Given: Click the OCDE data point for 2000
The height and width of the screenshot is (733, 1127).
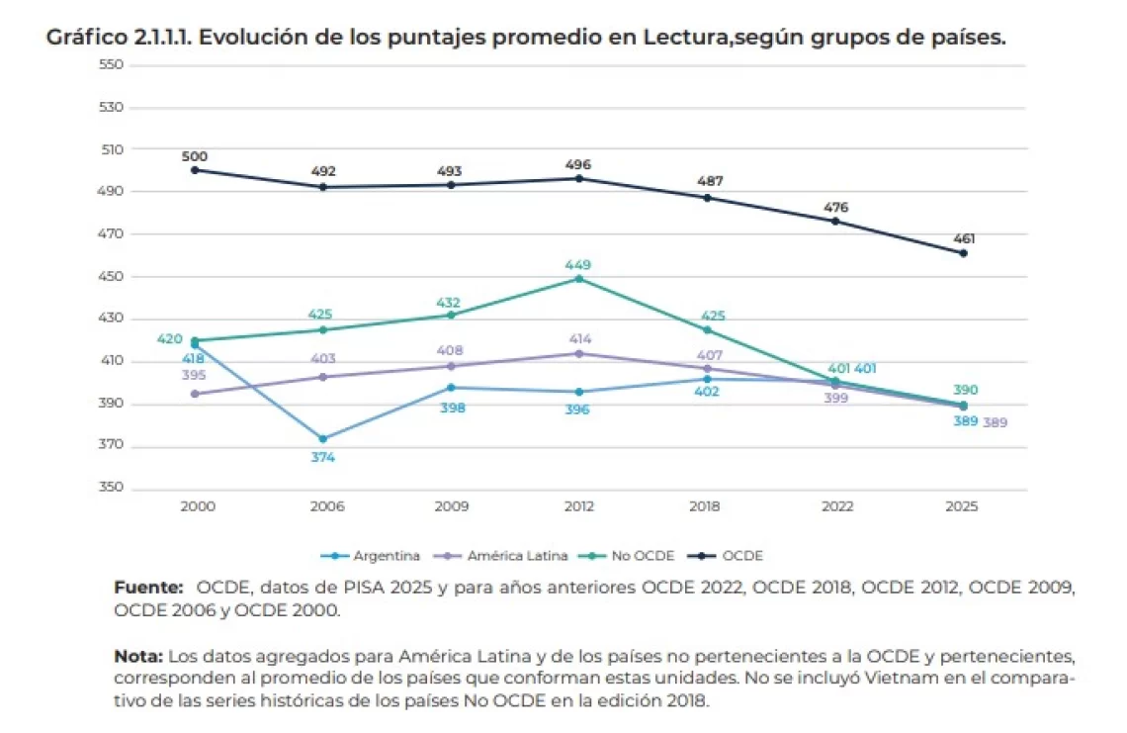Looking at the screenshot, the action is [x=195, y=170].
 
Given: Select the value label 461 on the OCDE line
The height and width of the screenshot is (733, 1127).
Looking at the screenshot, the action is [x=964, y=238].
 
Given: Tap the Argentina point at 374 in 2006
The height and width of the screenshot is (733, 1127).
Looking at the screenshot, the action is [x=322, y=439].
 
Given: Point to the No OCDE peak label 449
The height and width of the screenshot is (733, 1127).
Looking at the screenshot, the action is [x=578, y=265].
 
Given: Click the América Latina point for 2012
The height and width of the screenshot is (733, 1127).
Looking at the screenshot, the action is [x=579, y=354].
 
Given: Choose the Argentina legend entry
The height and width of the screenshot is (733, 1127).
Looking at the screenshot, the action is [x=370, y=556].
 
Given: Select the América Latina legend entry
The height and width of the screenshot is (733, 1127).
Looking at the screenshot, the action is [x=501, y=556].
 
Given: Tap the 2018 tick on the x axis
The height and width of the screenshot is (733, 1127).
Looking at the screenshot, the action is [x=704, y=506].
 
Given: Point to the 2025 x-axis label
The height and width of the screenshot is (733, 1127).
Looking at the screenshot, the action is [x=962, y=506].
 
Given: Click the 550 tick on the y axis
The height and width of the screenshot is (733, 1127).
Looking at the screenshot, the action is [x=111, y=64].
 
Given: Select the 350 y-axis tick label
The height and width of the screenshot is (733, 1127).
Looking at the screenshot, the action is [x=111, y=487].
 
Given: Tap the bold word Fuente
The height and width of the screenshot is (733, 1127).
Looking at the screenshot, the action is [x=148, y=588].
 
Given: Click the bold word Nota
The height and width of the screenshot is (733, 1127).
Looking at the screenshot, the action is [x=138, y=657].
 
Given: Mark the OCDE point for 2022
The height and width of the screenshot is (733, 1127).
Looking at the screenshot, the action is [x=835, y=222].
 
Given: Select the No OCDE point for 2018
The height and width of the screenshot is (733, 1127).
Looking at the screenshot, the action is [x=707, y=330].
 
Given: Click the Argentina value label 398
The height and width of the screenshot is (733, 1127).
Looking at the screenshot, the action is [x=452, y=408].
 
